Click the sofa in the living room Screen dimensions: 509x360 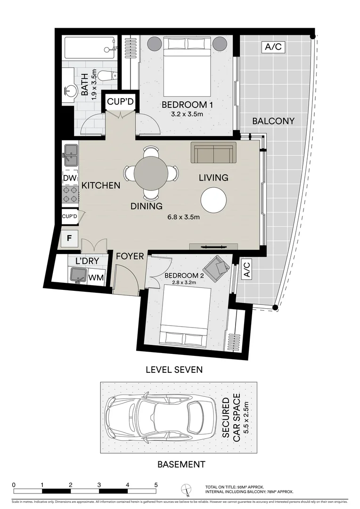click(x=213, y=153)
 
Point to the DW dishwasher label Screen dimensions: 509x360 click(x=69, y=178)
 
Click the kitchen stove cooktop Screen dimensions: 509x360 click(x=70, y=195)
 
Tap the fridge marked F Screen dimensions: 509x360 click(x=69, y=238)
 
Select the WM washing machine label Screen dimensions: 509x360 click(x=96, y=278)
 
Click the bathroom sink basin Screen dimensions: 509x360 click(x=70, y=91)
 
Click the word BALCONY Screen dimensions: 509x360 click(x=273, y=121)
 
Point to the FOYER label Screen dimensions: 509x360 click(x=130, y=256)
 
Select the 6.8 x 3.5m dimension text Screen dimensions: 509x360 click(x=184, y=217)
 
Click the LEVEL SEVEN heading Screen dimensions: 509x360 click(x=174, y=369)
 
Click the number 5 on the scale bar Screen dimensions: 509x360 click(x=156, y=484)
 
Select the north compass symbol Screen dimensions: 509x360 click(x=187, y=490)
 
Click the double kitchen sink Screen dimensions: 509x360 click(x=70, y=154)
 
